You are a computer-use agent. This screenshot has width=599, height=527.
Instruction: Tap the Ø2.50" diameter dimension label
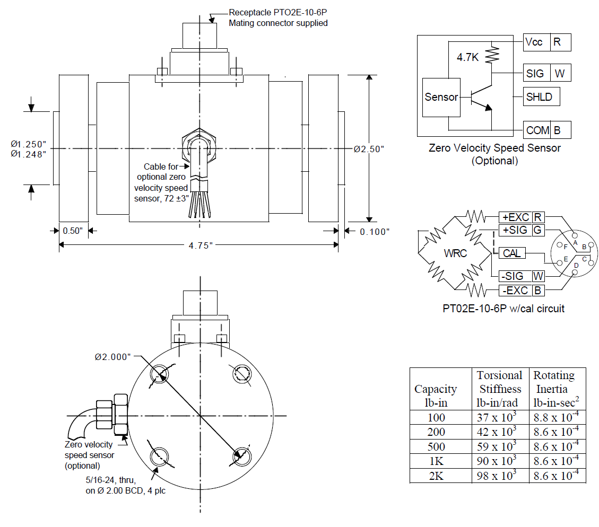(369, 149)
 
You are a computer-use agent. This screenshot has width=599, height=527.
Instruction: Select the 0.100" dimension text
(375, 232)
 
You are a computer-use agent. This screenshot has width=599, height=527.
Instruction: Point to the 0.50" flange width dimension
(73, 231)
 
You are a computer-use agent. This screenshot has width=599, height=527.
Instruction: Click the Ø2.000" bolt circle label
(112, 357)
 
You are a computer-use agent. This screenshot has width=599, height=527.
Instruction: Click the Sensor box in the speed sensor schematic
(441, 98)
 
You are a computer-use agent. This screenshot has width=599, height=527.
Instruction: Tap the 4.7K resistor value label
(467, 57)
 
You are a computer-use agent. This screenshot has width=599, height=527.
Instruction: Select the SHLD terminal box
(539, 97)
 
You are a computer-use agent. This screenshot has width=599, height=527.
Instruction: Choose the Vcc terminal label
(534, 42)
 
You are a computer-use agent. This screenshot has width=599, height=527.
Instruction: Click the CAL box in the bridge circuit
(512, 253)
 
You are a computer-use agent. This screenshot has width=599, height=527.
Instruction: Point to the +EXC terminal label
(515, 217)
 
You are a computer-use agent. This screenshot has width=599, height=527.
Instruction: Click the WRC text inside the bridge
(455, 253)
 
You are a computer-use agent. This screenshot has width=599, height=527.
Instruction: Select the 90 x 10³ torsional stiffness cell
(500, 461)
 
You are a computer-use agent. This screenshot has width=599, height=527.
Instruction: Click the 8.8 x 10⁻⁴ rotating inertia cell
(557, 418)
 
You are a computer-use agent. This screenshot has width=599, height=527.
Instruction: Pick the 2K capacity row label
(436, 476)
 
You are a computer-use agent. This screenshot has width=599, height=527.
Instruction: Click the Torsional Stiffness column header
(500, 389)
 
